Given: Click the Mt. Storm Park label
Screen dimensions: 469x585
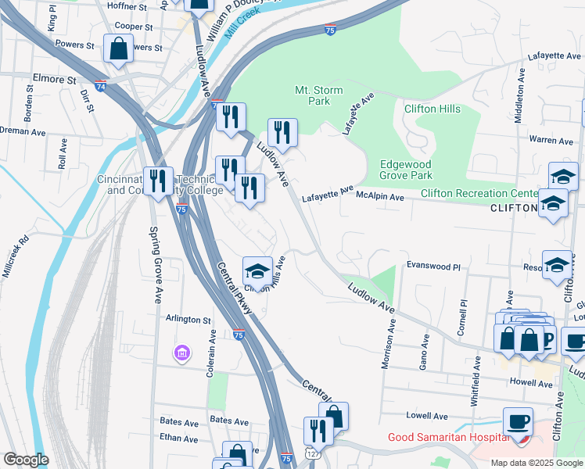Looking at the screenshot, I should tap(318, 95).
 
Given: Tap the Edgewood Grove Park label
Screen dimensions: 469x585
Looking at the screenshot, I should tap(405, 170).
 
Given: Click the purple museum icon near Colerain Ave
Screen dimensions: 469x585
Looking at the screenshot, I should tap(182, 355).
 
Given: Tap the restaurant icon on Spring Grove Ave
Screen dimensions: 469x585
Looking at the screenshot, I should tap(159, 181).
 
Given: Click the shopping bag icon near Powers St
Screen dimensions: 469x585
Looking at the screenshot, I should tap(117, 50).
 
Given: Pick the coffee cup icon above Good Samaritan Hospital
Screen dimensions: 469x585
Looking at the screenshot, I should tap(517, 421).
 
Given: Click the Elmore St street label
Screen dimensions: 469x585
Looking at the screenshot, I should tap(54, 79).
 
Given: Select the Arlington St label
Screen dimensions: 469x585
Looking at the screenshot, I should tap(188, 320).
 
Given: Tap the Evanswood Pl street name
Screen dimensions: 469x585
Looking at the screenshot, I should tap(432, 266).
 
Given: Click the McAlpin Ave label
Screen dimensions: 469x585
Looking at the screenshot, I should tap(380, 198).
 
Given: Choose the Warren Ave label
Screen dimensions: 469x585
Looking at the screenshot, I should tap(551, 141).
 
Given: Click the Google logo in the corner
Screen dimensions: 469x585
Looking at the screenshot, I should tap(26, 460).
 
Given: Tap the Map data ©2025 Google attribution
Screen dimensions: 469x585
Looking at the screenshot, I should tap(536, 463).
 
